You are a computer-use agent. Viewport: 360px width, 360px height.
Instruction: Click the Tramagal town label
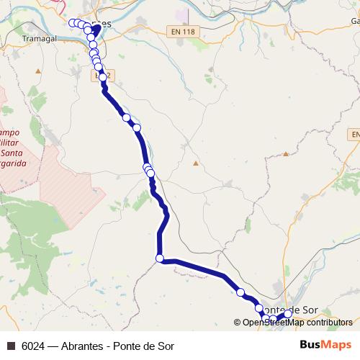coord(39,37)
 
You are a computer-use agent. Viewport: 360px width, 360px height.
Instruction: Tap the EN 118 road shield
coord(184,31)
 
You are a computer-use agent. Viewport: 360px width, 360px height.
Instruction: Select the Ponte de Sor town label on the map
coord(292,310)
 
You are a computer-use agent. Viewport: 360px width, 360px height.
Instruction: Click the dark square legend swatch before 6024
coord(11,346)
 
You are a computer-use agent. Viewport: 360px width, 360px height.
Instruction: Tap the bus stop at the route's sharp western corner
coord(160,258)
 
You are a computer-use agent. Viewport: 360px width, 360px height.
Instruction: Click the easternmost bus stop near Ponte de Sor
coord(288,313)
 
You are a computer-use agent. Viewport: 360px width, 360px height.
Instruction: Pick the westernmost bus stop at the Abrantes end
coord(72,23)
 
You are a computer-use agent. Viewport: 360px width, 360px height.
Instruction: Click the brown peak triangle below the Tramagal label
coord(37,71)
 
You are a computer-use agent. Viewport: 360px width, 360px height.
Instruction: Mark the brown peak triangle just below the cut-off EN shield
coord(286,153)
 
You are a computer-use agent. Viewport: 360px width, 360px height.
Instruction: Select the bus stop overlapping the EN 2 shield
coord(102,77)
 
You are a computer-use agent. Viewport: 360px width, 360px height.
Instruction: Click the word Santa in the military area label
coord(12,153)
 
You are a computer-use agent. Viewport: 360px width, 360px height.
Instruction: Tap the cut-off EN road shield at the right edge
coord(355,135)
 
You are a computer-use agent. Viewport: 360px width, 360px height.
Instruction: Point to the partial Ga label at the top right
coord(355,21)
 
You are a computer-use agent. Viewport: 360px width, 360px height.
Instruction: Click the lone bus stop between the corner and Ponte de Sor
coord(240,292)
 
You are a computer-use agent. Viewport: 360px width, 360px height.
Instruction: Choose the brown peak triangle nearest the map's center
coord(195,163)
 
